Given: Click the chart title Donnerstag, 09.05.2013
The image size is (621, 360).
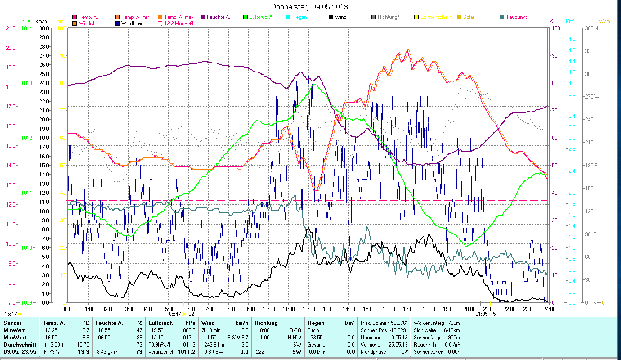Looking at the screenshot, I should coord(310,7).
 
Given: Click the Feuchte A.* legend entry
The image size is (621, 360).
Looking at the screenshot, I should coord(219,17).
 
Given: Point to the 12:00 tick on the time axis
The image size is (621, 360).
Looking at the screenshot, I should coord(308,309).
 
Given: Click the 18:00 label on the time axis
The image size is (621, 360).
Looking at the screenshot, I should coord(429,309).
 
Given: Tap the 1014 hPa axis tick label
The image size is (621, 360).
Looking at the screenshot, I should coord(27,28).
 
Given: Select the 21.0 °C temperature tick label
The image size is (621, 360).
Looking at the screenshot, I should coord(10,28).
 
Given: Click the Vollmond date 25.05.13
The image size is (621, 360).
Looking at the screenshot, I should coord(397,344).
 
